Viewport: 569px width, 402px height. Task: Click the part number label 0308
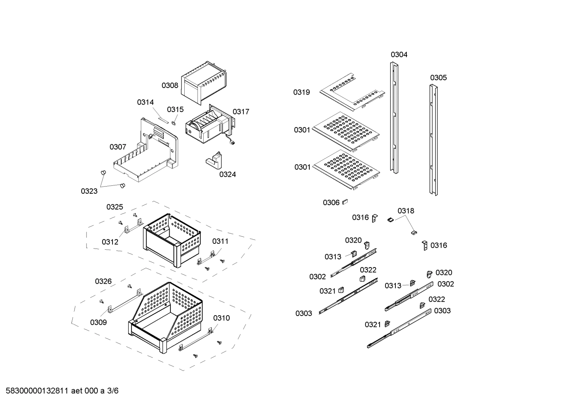click(x=170, y=85)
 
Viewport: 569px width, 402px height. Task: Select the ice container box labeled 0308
click(x=203, y=82)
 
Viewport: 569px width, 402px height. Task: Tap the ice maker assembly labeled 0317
click(x=208, y=125)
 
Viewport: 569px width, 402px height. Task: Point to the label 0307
click(x=118, y=147)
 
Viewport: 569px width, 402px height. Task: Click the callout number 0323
click(x=89, y=191)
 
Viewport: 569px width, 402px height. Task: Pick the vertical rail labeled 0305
click(x=434, y=140)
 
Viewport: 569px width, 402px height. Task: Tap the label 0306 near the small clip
click(x=331, y=202)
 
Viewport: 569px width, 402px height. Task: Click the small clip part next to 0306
click(x=344, y=202)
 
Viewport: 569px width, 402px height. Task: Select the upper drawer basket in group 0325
click(x=172, y=239)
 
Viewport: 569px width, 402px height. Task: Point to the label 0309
click(x=98, y=322)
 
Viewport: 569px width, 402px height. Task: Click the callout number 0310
click(x=221, y=318)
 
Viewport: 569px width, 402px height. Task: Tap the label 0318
click(x=406, y=211)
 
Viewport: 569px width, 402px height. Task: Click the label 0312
click(x=110, y=242)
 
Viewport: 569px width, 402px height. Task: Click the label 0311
click(x=220, y=241)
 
